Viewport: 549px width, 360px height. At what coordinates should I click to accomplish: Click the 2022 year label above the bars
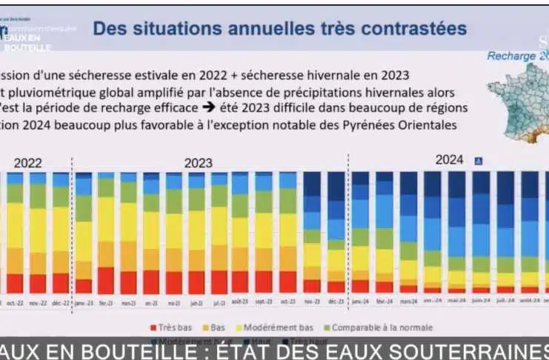click(28, 162)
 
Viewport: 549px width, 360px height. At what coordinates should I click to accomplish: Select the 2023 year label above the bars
click(199, 162)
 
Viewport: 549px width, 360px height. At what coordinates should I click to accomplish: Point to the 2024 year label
click(449, 159)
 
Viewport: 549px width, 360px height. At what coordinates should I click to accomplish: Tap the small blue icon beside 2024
click(478, 159)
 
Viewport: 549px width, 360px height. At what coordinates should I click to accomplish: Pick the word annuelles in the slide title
click(264, 29)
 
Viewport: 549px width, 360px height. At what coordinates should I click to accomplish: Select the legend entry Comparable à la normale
click(381, 327)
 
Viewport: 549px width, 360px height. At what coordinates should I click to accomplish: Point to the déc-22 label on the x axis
click(61, 302)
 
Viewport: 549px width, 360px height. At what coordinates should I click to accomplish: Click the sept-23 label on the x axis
click(264, 302)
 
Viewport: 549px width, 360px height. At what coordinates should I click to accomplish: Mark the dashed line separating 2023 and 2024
click(348, 222)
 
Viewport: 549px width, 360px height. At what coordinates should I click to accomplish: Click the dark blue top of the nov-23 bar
click(312, 184)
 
